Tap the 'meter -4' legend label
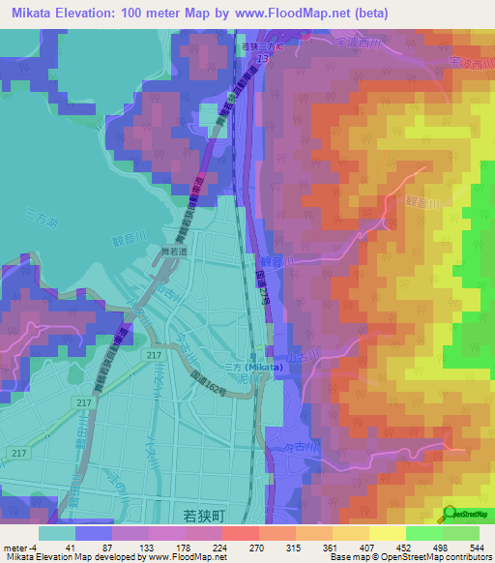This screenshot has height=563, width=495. point(20,547)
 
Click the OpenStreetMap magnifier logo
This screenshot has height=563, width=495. point(451,512)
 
